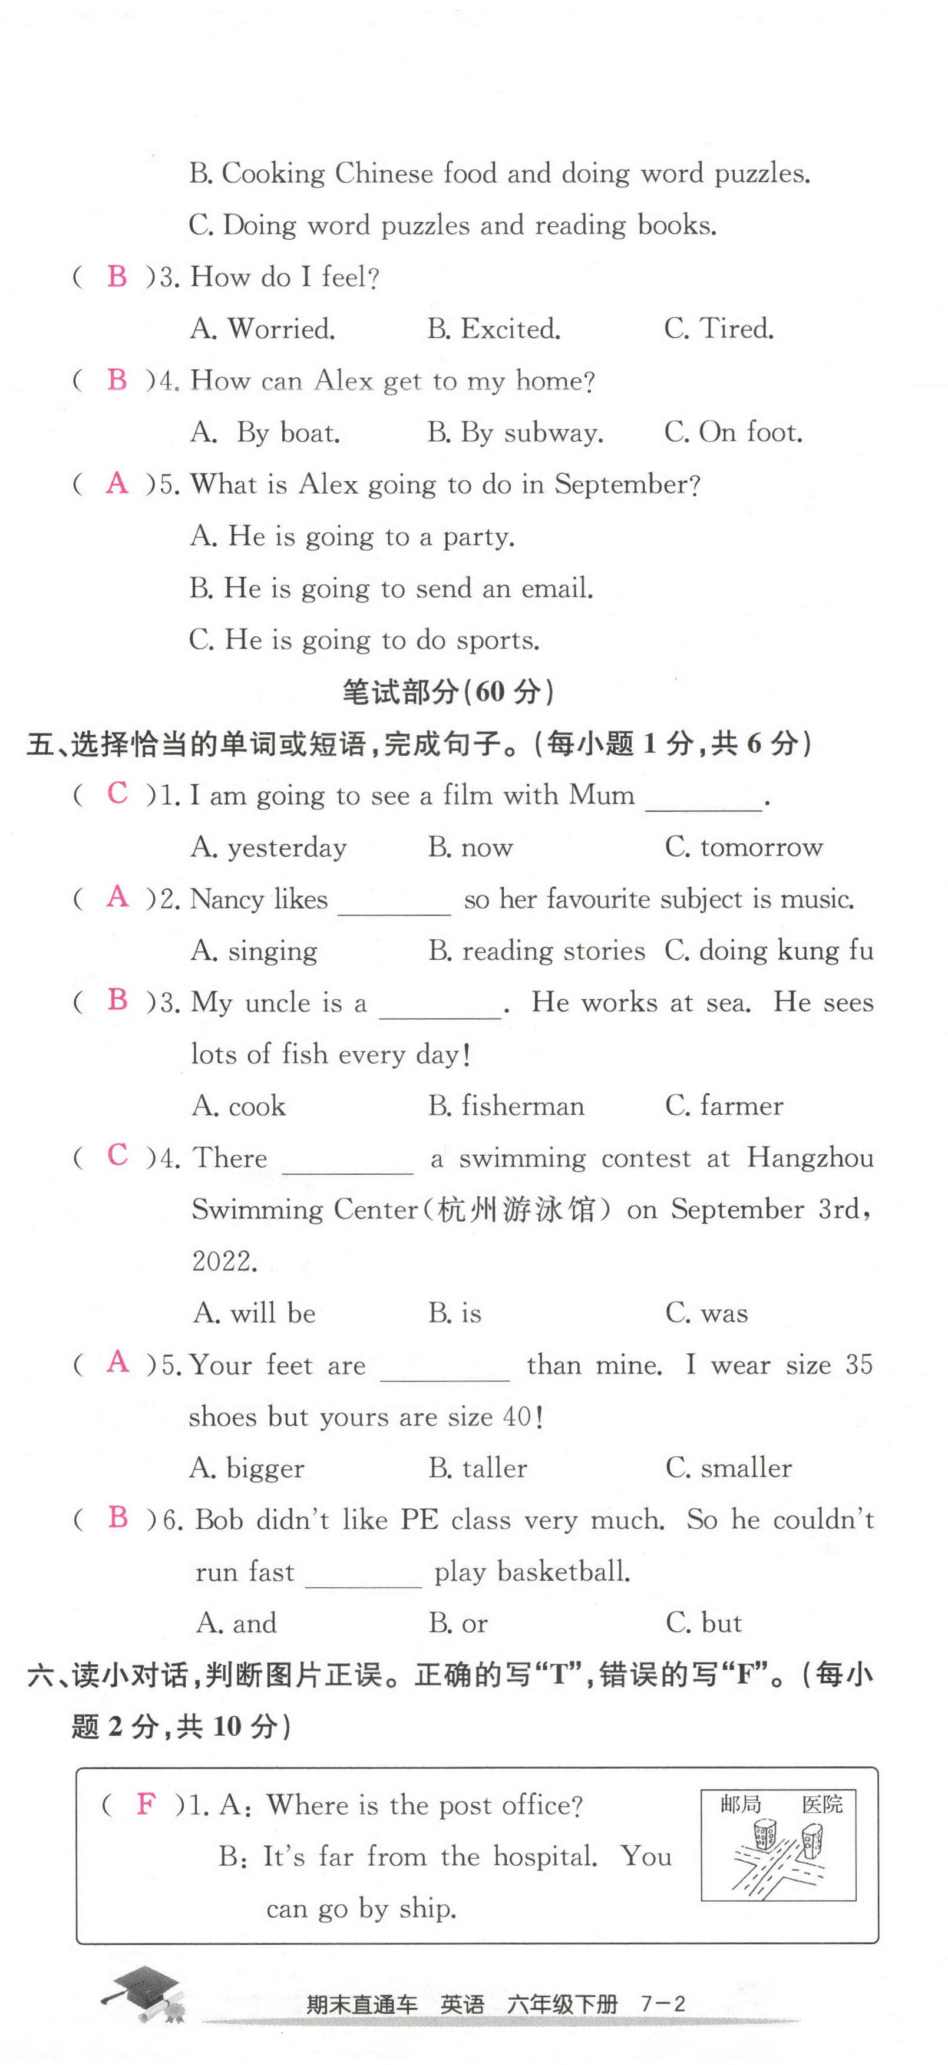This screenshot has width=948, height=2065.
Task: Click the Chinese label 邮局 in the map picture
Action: pyautogui.click(x=739, y=1803)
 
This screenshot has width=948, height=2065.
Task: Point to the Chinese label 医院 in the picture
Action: pyautogui.click(x=822, y=1803)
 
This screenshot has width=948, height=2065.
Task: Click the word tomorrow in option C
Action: pyautogui.click(x=761, y=847)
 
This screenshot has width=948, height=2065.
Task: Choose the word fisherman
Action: pyautogui.click(x=523, y=1106)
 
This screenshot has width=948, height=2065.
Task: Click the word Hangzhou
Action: pyautogui.click(x=810, y=1158)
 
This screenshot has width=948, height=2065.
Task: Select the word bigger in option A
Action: pyautogui.click(x=265, y=1469)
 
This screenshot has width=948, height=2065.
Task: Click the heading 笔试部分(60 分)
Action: pyautogui.click(x=447, y=692)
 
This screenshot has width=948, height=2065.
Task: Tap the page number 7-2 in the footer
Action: pyautogui.click(x=663, y=2004)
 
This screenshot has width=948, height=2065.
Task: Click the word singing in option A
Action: pyautogui.click(x=272, y=951)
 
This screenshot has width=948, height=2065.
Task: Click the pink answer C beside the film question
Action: pyautogui.click(x=117, y=794)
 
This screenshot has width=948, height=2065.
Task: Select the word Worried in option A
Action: pyautogui.click(x=280, y=329)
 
